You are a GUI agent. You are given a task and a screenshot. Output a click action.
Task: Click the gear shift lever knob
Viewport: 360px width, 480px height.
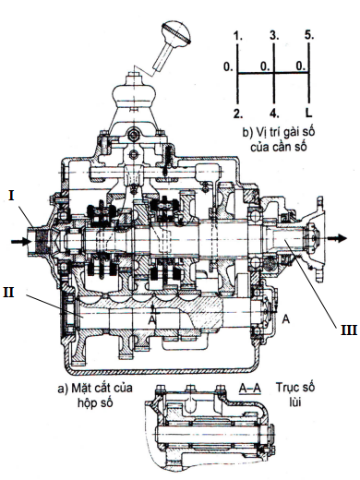click(176, 32)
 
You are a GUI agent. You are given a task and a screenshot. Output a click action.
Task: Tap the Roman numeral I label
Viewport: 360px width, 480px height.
click(11, 196)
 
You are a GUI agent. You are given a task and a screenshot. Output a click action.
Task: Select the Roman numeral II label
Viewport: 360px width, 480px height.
click(8, 292)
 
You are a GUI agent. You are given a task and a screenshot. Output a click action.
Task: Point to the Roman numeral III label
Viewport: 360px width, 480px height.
click(349, 330)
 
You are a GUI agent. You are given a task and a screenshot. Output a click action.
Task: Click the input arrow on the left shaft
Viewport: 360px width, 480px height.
click(21, 242)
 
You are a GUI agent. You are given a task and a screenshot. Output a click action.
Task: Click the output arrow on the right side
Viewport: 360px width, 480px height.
click(337, 238)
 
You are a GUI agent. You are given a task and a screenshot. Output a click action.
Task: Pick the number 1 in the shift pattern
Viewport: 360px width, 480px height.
click(238, 36)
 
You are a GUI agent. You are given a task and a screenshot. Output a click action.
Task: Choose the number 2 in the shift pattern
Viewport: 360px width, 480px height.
click(238, 114)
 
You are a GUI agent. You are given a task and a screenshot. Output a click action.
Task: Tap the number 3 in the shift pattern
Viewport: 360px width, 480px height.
click(274, 35)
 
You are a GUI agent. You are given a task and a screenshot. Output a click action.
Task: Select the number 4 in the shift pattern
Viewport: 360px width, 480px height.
click(274, 114)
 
